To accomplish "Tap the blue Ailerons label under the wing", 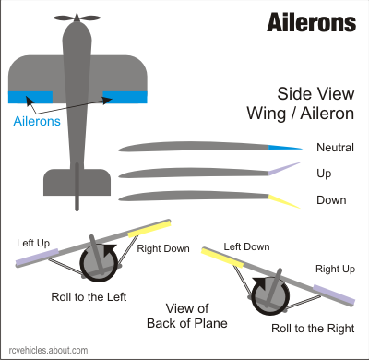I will pos(39,121).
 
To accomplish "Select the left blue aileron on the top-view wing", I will pos(30,96).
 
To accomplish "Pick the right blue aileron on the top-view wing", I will pos(125,96).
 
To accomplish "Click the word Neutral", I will pos(335,148).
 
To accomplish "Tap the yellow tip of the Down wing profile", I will pos(280,199).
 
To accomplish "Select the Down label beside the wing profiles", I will pos(329,198).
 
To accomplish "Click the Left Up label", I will pos(34,243).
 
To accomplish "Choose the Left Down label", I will pos(246,246).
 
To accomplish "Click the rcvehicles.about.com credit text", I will pos(45,350).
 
